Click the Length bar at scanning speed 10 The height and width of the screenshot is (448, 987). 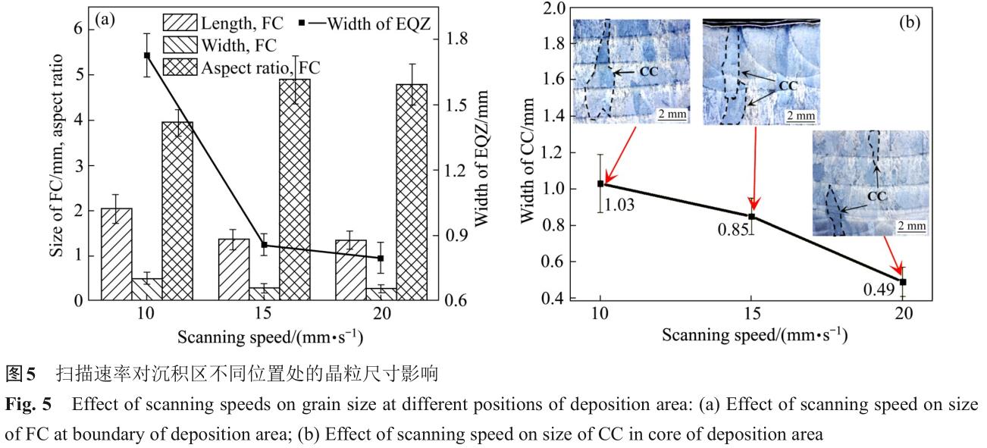(x=117, y=254)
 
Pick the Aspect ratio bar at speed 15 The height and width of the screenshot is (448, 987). (x=295, y=190)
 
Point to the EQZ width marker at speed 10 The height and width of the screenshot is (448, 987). (x=147, y=55)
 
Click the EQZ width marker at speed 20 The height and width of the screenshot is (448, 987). (x=381, y=258)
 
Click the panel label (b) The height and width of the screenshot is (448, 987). (x=909, y=22)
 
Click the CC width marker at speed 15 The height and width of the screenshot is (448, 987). (x=752, y=217)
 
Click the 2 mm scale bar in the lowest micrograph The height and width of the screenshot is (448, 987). (x=912, y=226)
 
